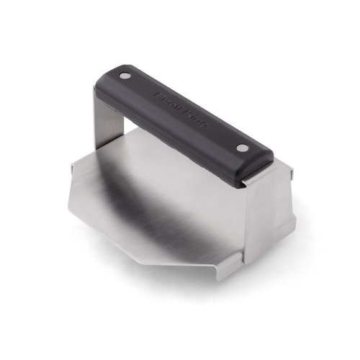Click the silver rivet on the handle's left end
[x=126, y=76]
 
